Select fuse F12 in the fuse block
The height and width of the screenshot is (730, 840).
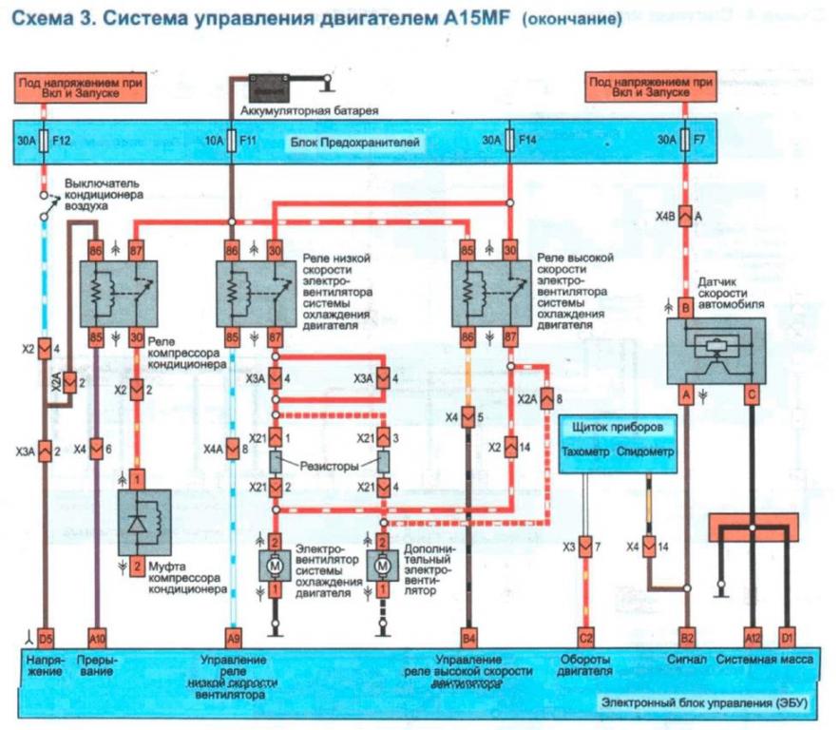click(42, 141)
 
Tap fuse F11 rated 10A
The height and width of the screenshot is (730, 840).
click(231, 141)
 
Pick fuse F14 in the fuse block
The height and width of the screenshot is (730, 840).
click(509, 141)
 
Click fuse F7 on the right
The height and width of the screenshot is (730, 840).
click(684, 141)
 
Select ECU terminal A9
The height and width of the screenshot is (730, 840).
click(234, 637)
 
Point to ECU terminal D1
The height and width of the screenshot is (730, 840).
click(787, 637)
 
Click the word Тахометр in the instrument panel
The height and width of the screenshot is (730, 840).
click(589, 452)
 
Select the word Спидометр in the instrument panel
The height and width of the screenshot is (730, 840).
click(648, 452)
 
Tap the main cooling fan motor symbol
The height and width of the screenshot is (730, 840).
click(274, 565)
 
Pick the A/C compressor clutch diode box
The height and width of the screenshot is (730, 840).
click(143, 522)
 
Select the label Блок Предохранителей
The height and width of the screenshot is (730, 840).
click(356, 142)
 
